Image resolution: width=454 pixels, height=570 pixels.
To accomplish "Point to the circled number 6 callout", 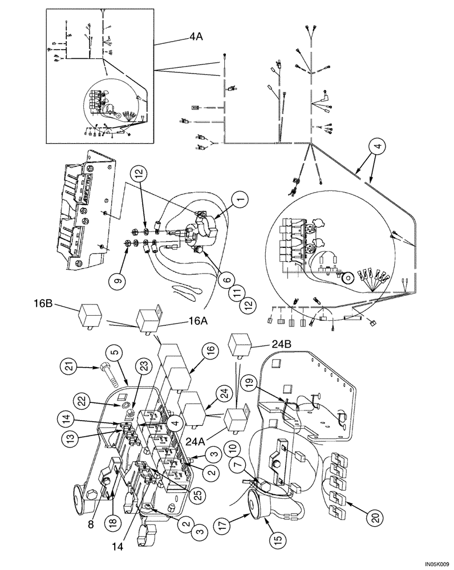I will tap(226, 280).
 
